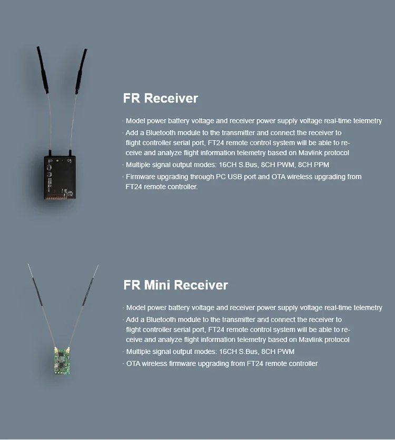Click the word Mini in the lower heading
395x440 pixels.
pos(157,285)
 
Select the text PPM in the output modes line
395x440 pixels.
pos(321,165)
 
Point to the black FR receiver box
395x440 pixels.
pos(60,177)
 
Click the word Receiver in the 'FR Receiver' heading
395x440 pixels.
pos(171,98)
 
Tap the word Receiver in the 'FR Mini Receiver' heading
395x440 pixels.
pos(201,285)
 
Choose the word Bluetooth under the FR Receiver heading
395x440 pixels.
pos(161,133)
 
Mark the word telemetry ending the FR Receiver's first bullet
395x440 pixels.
pos(368,121)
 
